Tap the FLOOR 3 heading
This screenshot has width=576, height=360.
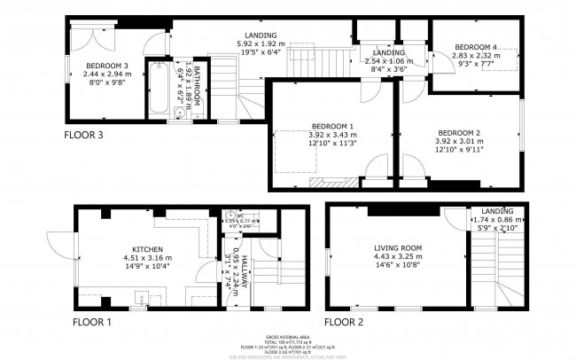84,136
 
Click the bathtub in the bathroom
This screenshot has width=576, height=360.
159,87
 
